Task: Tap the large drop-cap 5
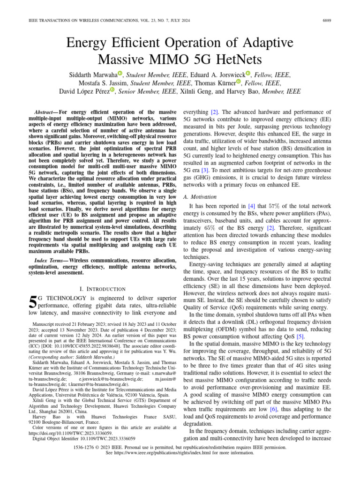[33, 303]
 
